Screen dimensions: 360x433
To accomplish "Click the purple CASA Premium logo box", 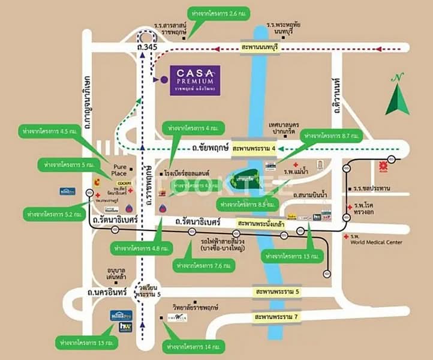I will click(194, 80).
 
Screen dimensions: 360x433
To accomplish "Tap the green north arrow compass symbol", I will click(397, 96).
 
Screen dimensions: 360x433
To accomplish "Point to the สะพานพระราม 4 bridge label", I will click(254, 146).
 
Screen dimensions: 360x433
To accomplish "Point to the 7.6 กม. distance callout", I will click(201, 265).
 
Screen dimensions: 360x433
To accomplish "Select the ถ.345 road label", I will click(148, 47).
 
